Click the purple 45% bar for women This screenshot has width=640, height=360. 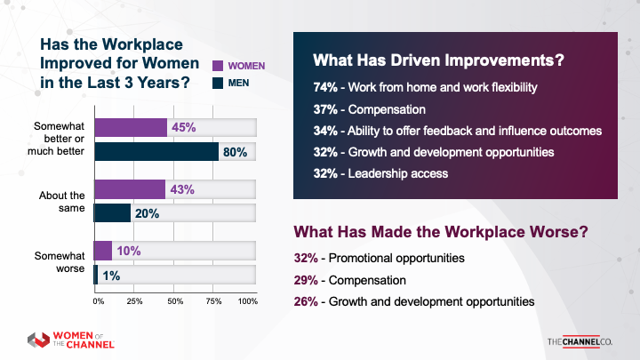tap(130, 128)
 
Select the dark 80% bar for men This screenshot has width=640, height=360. tap(156, 152)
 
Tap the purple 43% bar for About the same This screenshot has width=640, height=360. tap(129, 189)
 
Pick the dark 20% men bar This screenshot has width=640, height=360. tap(112, 213)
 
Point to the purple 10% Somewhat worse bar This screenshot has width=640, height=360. tap(103, 251)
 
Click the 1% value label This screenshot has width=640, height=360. tap(110, 275)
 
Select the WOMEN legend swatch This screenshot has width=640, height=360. tap(218, 66)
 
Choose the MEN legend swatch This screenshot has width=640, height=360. tap(218, 84)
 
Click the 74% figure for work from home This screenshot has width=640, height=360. tap(324, 89)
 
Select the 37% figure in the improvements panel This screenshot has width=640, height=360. tap(324, 110)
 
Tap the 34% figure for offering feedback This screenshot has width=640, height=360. tap(324, 131)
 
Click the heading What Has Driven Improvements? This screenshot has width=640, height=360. tap(439, 62)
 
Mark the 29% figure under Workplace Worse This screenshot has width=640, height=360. tap(307, 280)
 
